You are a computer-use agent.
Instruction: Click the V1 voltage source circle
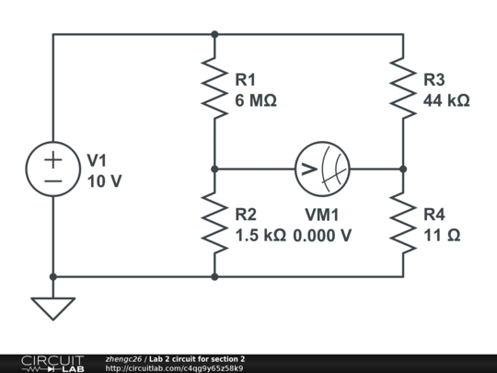click(53, 169)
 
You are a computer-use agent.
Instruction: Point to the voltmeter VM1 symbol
click(323, 169)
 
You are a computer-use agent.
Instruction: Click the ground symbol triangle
click(53, 307)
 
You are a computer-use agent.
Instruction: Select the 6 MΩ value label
click(256, 101)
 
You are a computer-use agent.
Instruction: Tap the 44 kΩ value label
click(446, 101)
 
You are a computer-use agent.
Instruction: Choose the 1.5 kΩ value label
click(260, 236)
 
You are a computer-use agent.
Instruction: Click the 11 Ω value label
click(442, 236)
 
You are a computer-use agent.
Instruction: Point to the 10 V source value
click(104, 181)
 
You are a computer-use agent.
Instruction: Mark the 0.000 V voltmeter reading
click(322, 236)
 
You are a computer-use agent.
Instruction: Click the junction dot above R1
click(214, 35)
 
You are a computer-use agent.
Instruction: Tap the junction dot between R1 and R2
click(214, 169)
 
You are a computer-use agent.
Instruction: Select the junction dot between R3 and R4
click(403, 169)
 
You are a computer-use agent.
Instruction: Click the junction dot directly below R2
click(214, 276)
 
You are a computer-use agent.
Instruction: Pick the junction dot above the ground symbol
click(53, 276)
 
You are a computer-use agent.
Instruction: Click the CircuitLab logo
click(52, 363)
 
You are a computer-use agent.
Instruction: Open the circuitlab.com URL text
click(174, 368)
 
